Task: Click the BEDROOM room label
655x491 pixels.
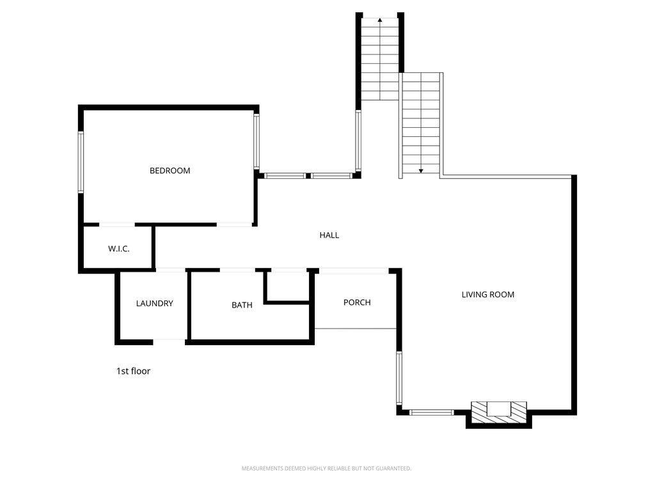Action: (170, 171)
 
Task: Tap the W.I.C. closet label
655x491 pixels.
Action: (118, 248)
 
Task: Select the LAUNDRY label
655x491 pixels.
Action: (154, 304)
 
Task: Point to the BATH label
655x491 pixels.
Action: (242, 305)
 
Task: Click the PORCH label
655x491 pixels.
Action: (357, 302)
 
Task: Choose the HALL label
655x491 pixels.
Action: (329, 235)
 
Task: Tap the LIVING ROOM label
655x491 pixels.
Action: (488, 295)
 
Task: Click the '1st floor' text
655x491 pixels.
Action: (133, 371)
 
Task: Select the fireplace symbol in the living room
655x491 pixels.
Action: (499, 409)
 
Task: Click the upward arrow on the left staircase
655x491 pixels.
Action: (380, 20)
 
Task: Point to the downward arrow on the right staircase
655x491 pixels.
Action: (422, 170)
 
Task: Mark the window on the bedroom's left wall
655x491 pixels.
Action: (81, 162)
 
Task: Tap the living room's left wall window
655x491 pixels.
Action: (399, 378)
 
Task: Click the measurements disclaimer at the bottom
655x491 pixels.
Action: (326, 469)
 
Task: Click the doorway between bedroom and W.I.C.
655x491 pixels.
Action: (117, 224)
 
